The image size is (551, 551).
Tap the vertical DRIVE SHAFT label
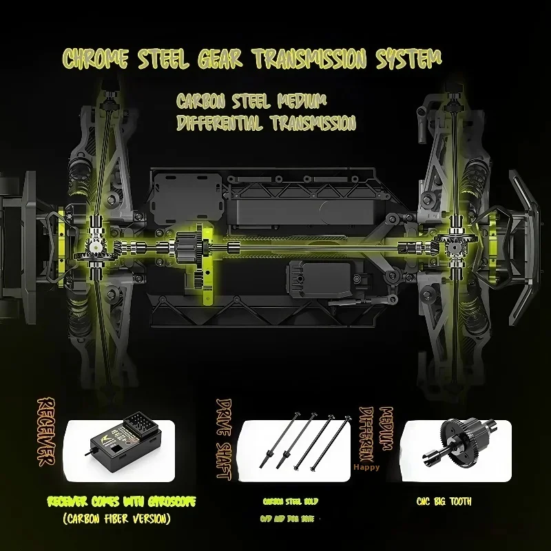[225, 438]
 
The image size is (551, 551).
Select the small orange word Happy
[366, 466]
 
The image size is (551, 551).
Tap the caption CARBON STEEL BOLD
[291, 501]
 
